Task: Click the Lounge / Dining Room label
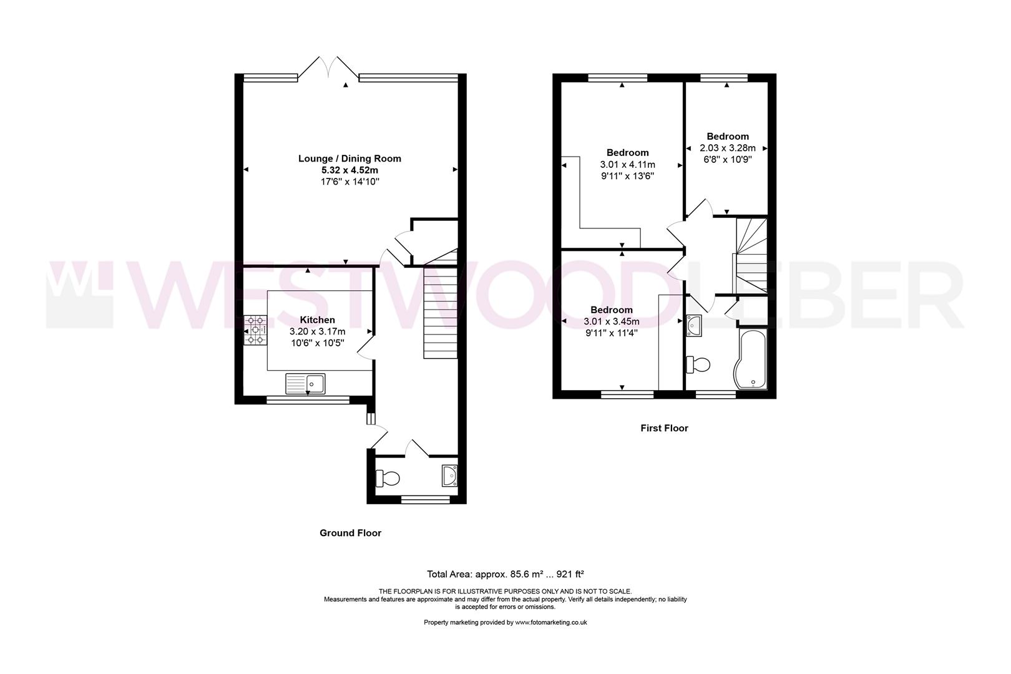[x=349, y=159]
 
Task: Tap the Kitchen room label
[x=317, y=320]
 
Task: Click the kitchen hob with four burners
[x=255, y=330]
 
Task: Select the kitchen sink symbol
[x=306, y=383]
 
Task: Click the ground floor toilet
[x=388, y=479]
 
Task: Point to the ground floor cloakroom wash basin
[x=449, y=476]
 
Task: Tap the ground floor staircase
[x=441, y=312]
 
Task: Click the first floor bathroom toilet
[x=698, y=364]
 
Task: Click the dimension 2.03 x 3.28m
[x=728, y=148]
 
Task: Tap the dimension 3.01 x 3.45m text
[x=612, y=321]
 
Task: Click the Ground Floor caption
[x=350, y=533]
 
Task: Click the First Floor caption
[x=664, y=428]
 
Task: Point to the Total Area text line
[x=505, y=574]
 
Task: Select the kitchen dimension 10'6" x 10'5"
[x=317, y=343]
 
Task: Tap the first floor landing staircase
[x=751, y=256]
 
